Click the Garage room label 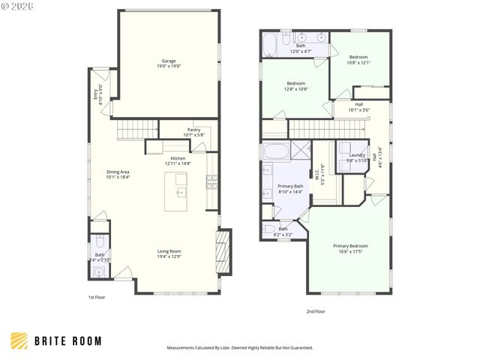pyautogui.click(x=169, y=61)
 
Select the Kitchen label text pyautogui.click(x=178, y=160)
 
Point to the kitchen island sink pyautogui.click(x=180, y=192)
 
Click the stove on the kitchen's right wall pyautogui.click(x=213, y=180)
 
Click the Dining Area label pyautogui.click(x=118, y=173)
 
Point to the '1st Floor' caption pyautogui.click(x=97, y=298)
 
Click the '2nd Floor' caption pyautogui.click(x=315, y=311)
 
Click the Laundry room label pyautogui.click(x=357, y=156)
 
